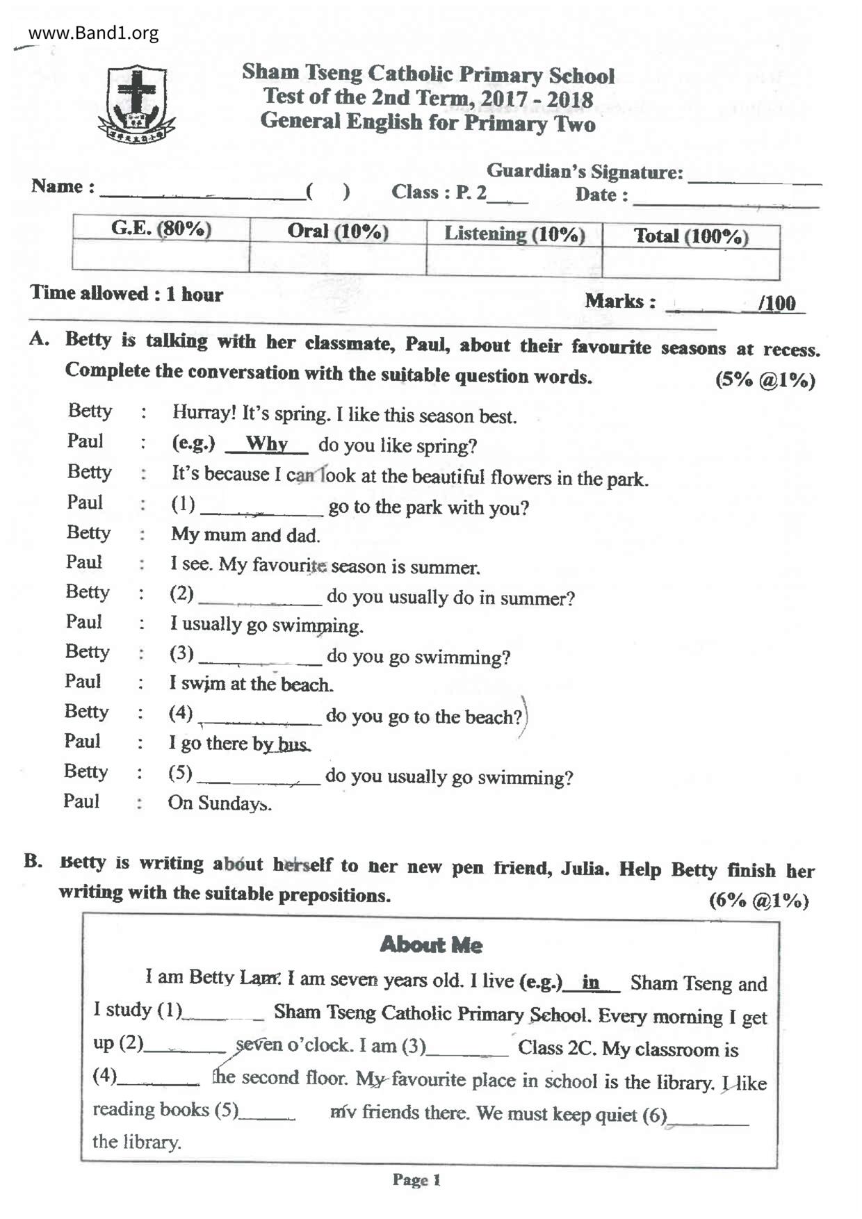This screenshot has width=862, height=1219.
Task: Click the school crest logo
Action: pos(137,104)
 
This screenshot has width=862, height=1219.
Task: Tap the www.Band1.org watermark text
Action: pos(93,33)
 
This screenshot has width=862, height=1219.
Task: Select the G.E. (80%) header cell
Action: pos(161,229)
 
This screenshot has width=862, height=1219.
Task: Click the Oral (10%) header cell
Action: pos(338,231)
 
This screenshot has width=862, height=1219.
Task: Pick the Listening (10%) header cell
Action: pos(514,234)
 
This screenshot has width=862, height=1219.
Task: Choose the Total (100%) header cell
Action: pos(691,236)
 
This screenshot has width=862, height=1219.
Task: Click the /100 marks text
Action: pos(776,303)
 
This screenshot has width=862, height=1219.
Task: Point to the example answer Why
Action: pos(267,443)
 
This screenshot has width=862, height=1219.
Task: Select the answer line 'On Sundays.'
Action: pos(220,803)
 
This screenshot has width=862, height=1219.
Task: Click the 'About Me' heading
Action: pos(431,944)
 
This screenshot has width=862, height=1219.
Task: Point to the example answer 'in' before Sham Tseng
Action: pos(591,982)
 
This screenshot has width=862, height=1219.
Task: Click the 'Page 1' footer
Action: pos(416,1179)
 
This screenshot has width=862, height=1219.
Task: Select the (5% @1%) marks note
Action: pos(765,380)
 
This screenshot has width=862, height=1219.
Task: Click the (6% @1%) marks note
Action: pos(758,901)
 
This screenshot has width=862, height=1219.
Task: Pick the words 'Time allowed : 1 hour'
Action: pos(127,294)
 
